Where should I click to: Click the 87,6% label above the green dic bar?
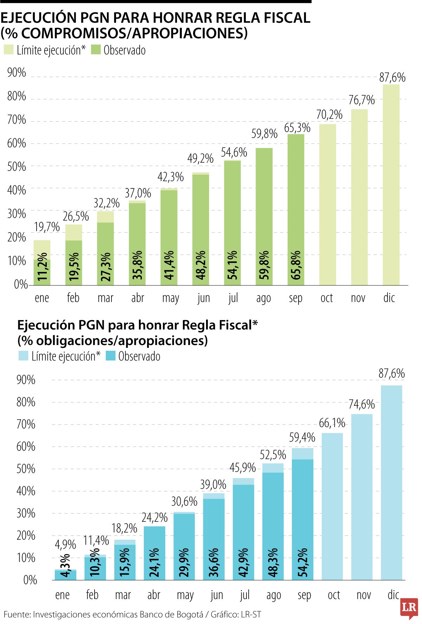click(x=392, y=77)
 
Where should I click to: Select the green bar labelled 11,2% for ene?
click(x=42, y=272)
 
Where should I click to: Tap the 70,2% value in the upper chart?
click(x=329, y=115)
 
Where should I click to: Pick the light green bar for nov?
click(x=359, y=197)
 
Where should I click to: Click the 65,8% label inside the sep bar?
click(x=296, y=265)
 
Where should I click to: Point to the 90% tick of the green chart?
click(x=17, y=73)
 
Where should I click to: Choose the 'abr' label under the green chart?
click(x=138, y=298)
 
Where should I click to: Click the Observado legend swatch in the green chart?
click(x=96, y=50)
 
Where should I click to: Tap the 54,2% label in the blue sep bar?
click(x=302, y=563)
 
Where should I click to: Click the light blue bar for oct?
click(x=332, y=506)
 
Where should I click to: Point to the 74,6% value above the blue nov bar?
click(x=362, y=404)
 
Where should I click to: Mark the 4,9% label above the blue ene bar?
click(x=65, y=545)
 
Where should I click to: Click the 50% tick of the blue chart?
click(x=26, y=469)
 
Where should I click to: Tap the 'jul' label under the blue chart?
click(x=245, y=594)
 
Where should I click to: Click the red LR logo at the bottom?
click(x=409, y=607)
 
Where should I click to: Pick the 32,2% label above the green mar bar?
click(x=106, y=203)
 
